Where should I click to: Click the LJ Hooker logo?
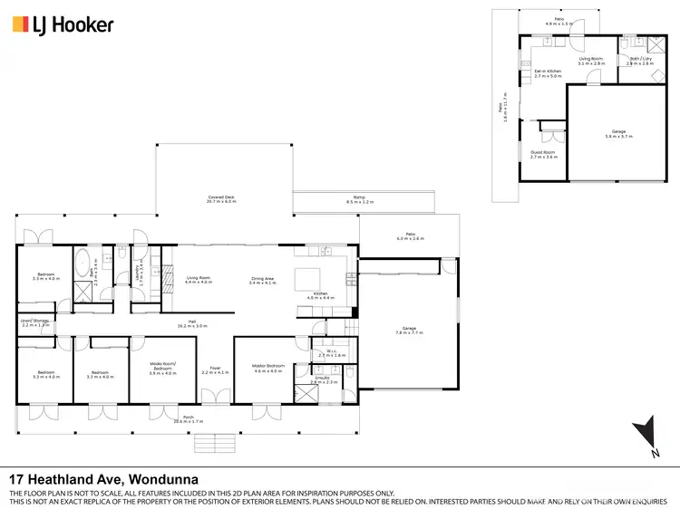pyautogui.click(x=63, y=24)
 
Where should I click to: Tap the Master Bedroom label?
pyautogui.click(x=269, y=369)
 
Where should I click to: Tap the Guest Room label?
pyautogui.click(x=543, y=154)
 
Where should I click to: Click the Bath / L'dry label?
pyautogui.click(x=640, y=61)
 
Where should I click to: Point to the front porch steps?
pyautogui.click(x=216, y=442)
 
